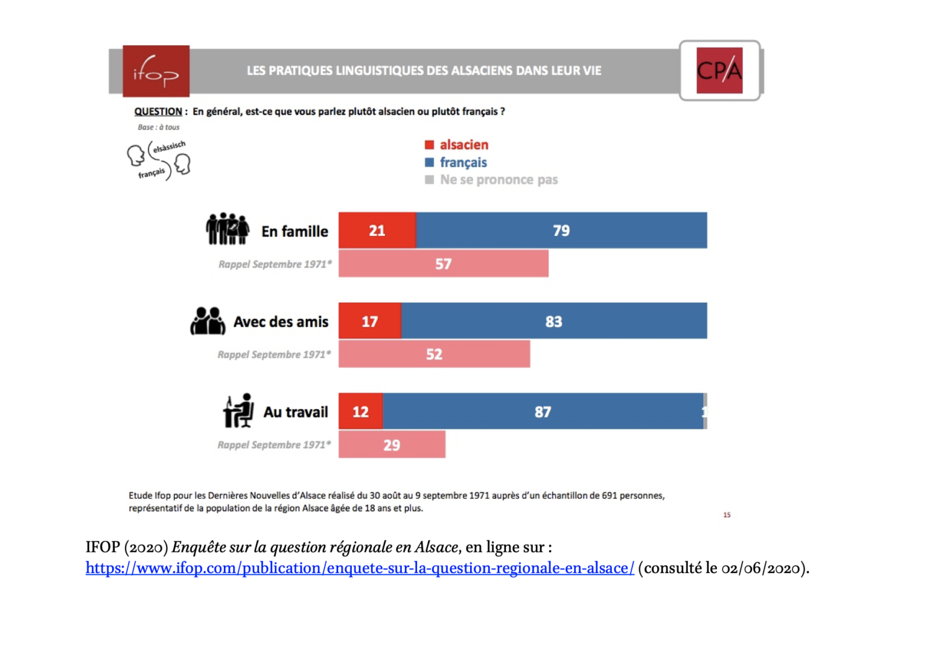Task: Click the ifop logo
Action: tap(156, 71)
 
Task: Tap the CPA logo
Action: tap(719, 71)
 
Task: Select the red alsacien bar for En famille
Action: tap(377, 230)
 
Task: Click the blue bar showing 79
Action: tap(561, 230)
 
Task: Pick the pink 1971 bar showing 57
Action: tap(443, 264)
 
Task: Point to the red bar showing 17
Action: tap(369, 321)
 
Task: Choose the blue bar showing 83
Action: tap(553, 321)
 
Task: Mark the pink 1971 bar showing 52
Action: tap(434, 354)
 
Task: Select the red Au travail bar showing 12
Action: tap(360, 411)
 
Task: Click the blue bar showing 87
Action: tap(543, 411)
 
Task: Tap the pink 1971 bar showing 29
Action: tap(392, 445)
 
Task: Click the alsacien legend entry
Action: tap(457, 145)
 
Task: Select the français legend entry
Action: tap(456, 162)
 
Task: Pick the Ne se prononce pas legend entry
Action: tap(491, 180)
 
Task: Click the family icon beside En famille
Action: tap(228, 229)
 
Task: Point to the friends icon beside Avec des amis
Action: tap(208, 321)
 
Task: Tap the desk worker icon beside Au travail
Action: tap(239, 411)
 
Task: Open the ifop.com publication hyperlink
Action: tap(360, 568)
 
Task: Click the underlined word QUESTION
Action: tap(158, 112)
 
